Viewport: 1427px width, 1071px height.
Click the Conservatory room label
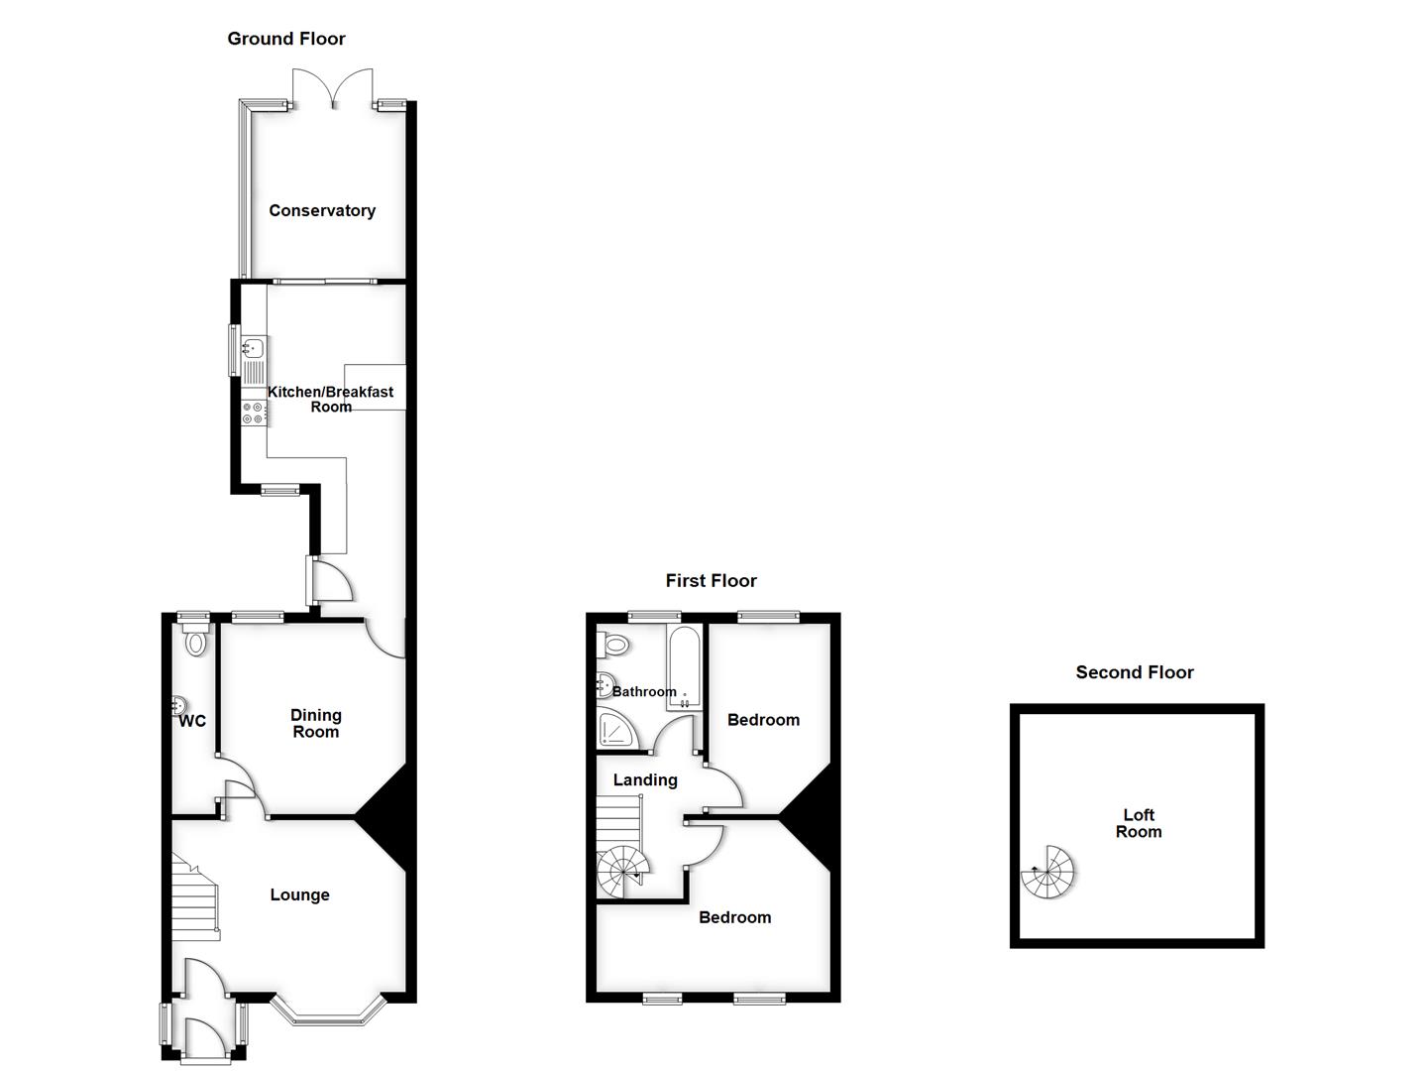coord(322,210)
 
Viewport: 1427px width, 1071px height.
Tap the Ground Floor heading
coord(286,39)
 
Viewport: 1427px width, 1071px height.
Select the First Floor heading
coord(711,580)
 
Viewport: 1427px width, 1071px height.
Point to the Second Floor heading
coord(1135,672)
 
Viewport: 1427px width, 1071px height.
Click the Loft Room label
coord(1139,823)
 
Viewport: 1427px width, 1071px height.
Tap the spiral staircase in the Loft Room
coord(1048,873)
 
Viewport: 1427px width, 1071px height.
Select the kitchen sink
coord(254,348)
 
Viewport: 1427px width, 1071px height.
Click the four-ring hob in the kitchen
coord(253,413)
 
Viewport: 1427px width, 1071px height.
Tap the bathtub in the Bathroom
coord(685,667)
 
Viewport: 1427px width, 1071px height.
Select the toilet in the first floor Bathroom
coord(613,645)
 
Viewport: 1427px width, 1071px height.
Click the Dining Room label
coord(316,723)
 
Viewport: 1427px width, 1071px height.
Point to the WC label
coord(192,721)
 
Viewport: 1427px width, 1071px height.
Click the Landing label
coord(645,779)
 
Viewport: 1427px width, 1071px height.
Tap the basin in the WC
coord(178,704)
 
